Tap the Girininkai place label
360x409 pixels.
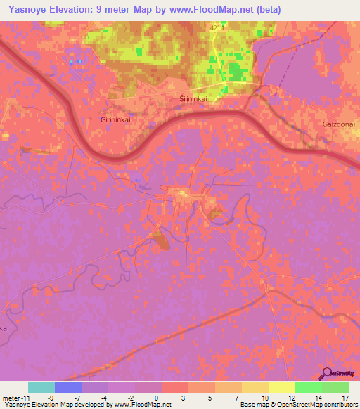point(116,120)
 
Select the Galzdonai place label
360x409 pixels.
point(336,124)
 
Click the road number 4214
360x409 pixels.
point(218,27)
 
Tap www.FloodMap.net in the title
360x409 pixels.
point(214,10)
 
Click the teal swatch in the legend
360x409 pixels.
point(41,387)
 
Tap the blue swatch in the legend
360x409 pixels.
point(67,387)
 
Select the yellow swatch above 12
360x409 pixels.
point(281,387)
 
